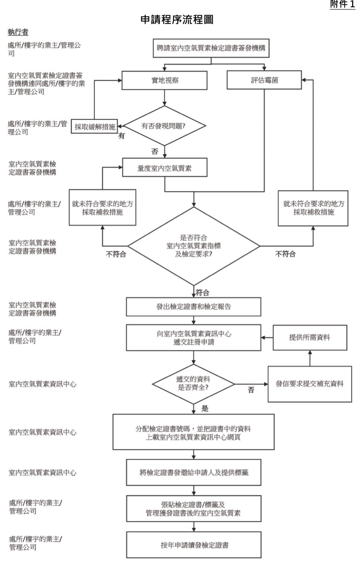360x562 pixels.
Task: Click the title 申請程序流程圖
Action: click(x=177, y=20)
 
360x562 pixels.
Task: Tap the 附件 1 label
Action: click(x=343, y=4)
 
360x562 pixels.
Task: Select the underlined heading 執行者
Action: click(x=18, y=32)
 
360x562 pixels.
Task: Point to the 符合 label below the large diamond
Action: click(x=202, y=293)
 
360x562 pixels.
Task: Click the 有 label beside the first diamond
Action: click(x=122, y=136)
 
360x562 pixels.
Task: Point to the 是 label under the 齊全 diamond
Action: click(x=205, y=409)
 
